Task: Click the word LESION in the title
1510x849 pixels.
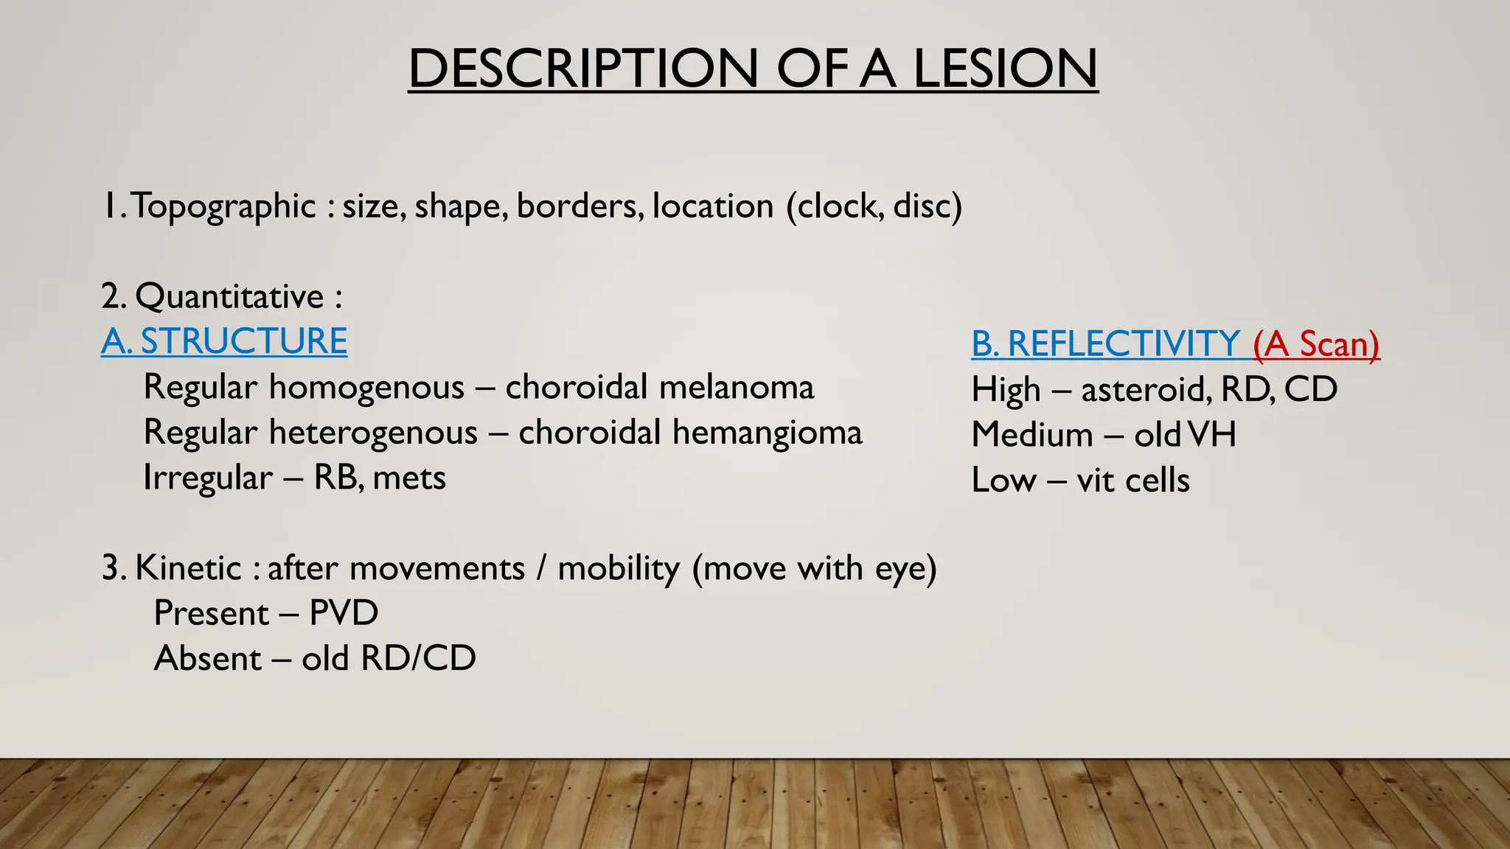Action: point(1005,69)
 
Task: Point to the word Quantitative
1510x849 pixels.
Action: point(229,297)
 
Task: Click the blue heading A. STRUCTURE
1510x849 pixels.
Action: point(224,341)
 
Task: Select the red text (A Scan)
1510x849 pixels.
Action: point(1316,344)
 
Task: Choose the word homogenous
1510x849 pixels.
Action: point(366,387)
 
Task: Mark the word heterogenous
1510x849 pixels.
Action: point(373,433)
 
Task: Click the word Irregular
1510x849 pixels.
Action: point(207,478)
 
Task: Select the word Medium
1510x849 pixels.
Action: point(1031,435)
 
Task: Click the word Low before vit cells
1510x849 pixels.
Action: point(1003,481)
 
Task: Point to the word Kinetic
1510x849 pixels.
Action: point(188,568)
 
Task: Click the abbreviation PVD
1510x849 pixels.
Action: point(344,613)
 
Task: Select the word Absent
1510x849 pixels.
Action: point(207,659)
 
